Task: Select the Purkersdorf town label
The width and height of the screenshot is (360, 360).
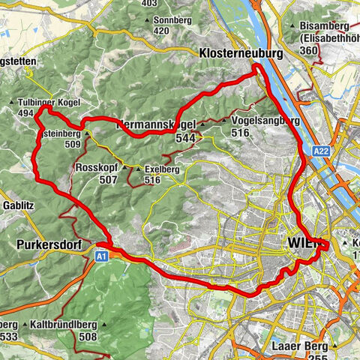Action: click(46, 244)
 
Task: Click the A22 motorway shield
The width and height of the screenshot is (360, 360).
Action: click(321, 151)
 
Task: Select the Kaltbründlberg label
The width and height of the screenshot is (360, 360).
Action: click(63, 325)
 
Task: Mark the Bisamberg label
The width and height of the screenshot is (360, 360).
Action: click(322, 25)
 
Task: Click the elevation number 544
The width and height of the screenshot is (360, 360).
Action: click(186, 138)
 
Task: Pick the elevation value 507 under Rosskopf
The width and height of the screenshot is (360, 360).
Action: click(107, 180)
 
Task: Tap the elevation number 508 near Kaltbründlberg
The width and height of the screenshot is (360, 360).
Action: click(89, 337)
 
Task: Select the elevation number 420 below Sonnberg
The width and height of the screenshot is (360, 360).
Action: click(161, 31)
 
